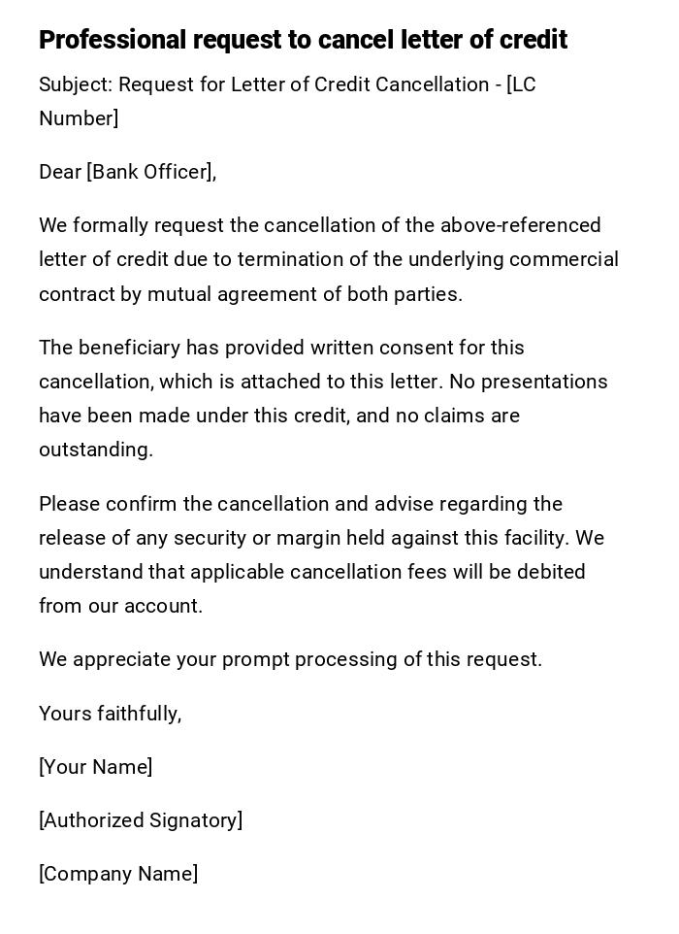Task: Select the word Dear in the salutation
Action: tap(59, 173)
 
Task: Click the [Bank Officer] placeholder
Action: tap(150, 173)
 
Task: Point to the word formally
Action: tap(110, 226)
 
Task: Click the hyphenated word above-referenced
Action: tap(520, 226)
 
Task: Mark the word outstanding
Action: tap(95, 450)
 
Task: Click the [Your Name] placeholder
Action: tap(95, 768)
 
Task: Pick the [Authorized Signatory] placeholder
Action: tap(141, 821)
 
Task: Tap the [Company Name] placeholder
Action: tap(118, 875)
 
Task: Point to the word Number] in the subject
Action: tap(79, 119)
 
